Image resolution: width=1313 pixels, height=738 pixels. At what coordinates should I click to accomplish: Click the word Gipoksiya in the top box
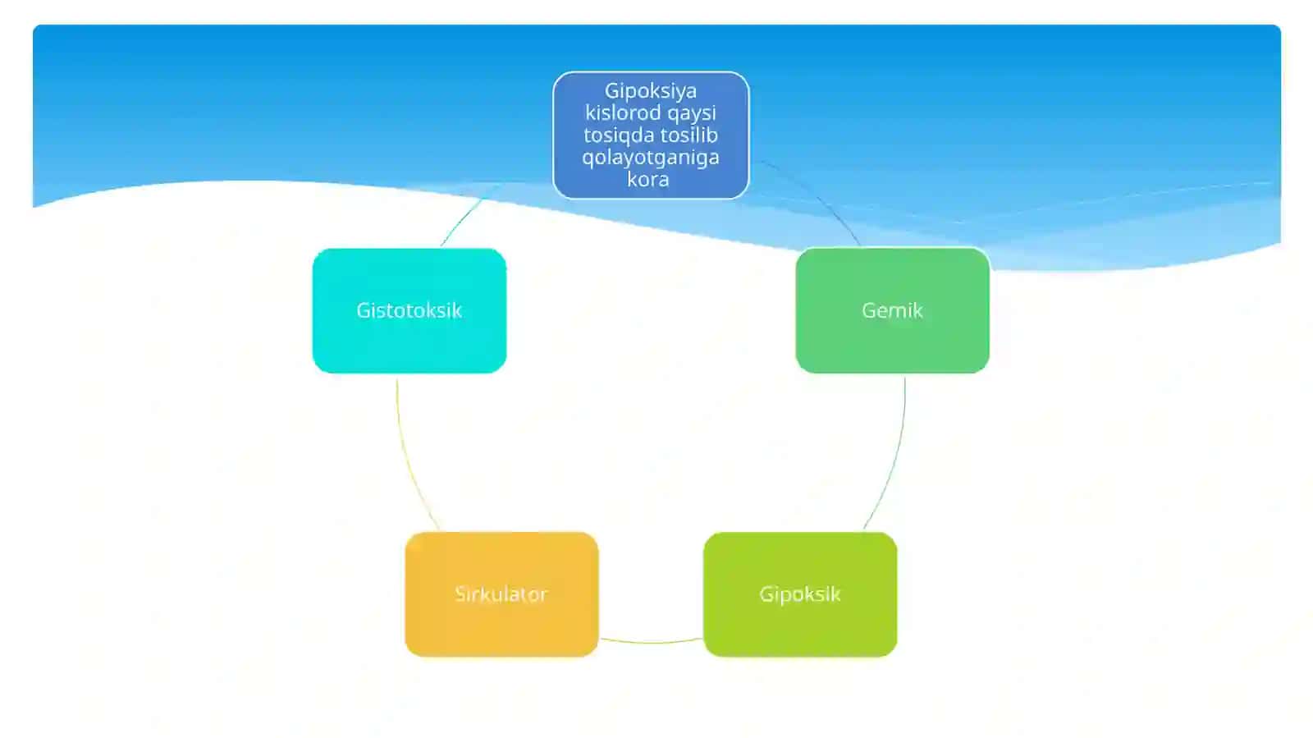651,91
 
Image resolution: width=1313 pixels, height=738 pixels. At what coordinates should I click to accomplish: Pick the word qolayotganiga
651,158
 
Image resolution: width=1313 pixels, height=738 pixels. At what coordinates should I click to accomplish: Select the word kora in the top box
647,179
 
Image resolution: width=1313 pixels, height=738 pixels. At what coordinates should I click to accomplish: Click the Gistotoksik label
409,310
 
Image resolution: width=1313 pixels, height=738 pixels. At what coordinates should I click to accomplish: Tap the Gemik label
892,310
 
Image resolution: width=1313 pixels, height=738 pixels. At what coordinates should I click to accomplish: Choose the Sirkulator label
501,594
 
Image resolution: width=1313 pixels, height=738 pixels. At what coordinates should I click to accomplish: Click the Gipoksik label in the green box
799,594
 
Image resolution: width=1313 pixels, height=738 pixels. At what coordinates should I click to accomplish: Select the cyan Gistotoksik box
409,310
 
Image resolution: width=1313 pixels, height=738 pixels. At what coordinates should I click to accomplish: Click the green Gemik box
892,310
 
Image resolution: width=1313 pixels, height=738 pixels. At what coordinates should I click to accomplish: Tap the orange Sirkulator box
501,594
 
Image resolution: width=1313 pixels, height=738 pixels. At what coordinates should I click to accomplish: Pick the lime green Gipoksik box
800,594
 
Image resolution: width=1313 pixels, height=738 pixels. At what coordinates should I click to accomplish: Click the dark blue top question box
651,135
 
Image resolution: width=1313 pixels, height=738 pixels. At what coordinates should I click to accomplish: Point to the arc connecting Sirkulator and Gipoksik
651,643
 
